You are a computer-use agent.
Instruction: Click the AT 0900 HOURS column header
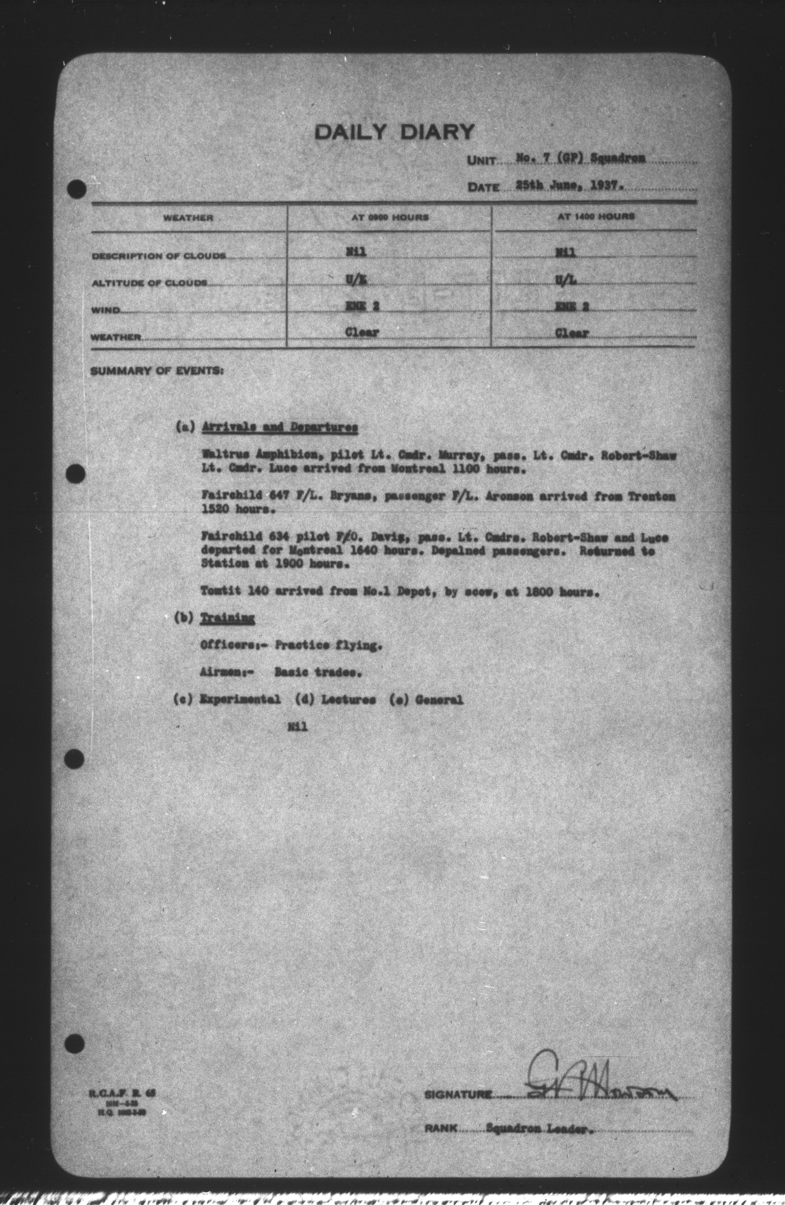click(390, 217)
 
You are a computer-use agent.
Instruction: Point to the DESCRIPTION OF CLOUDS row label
click(158, 256)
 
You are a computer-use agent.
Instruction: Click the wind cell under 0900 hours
click(362, 306)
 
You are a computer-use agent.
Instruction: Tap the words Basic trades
click(318, 672)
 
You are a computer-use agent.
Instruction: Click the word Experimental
click(240, 700)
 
